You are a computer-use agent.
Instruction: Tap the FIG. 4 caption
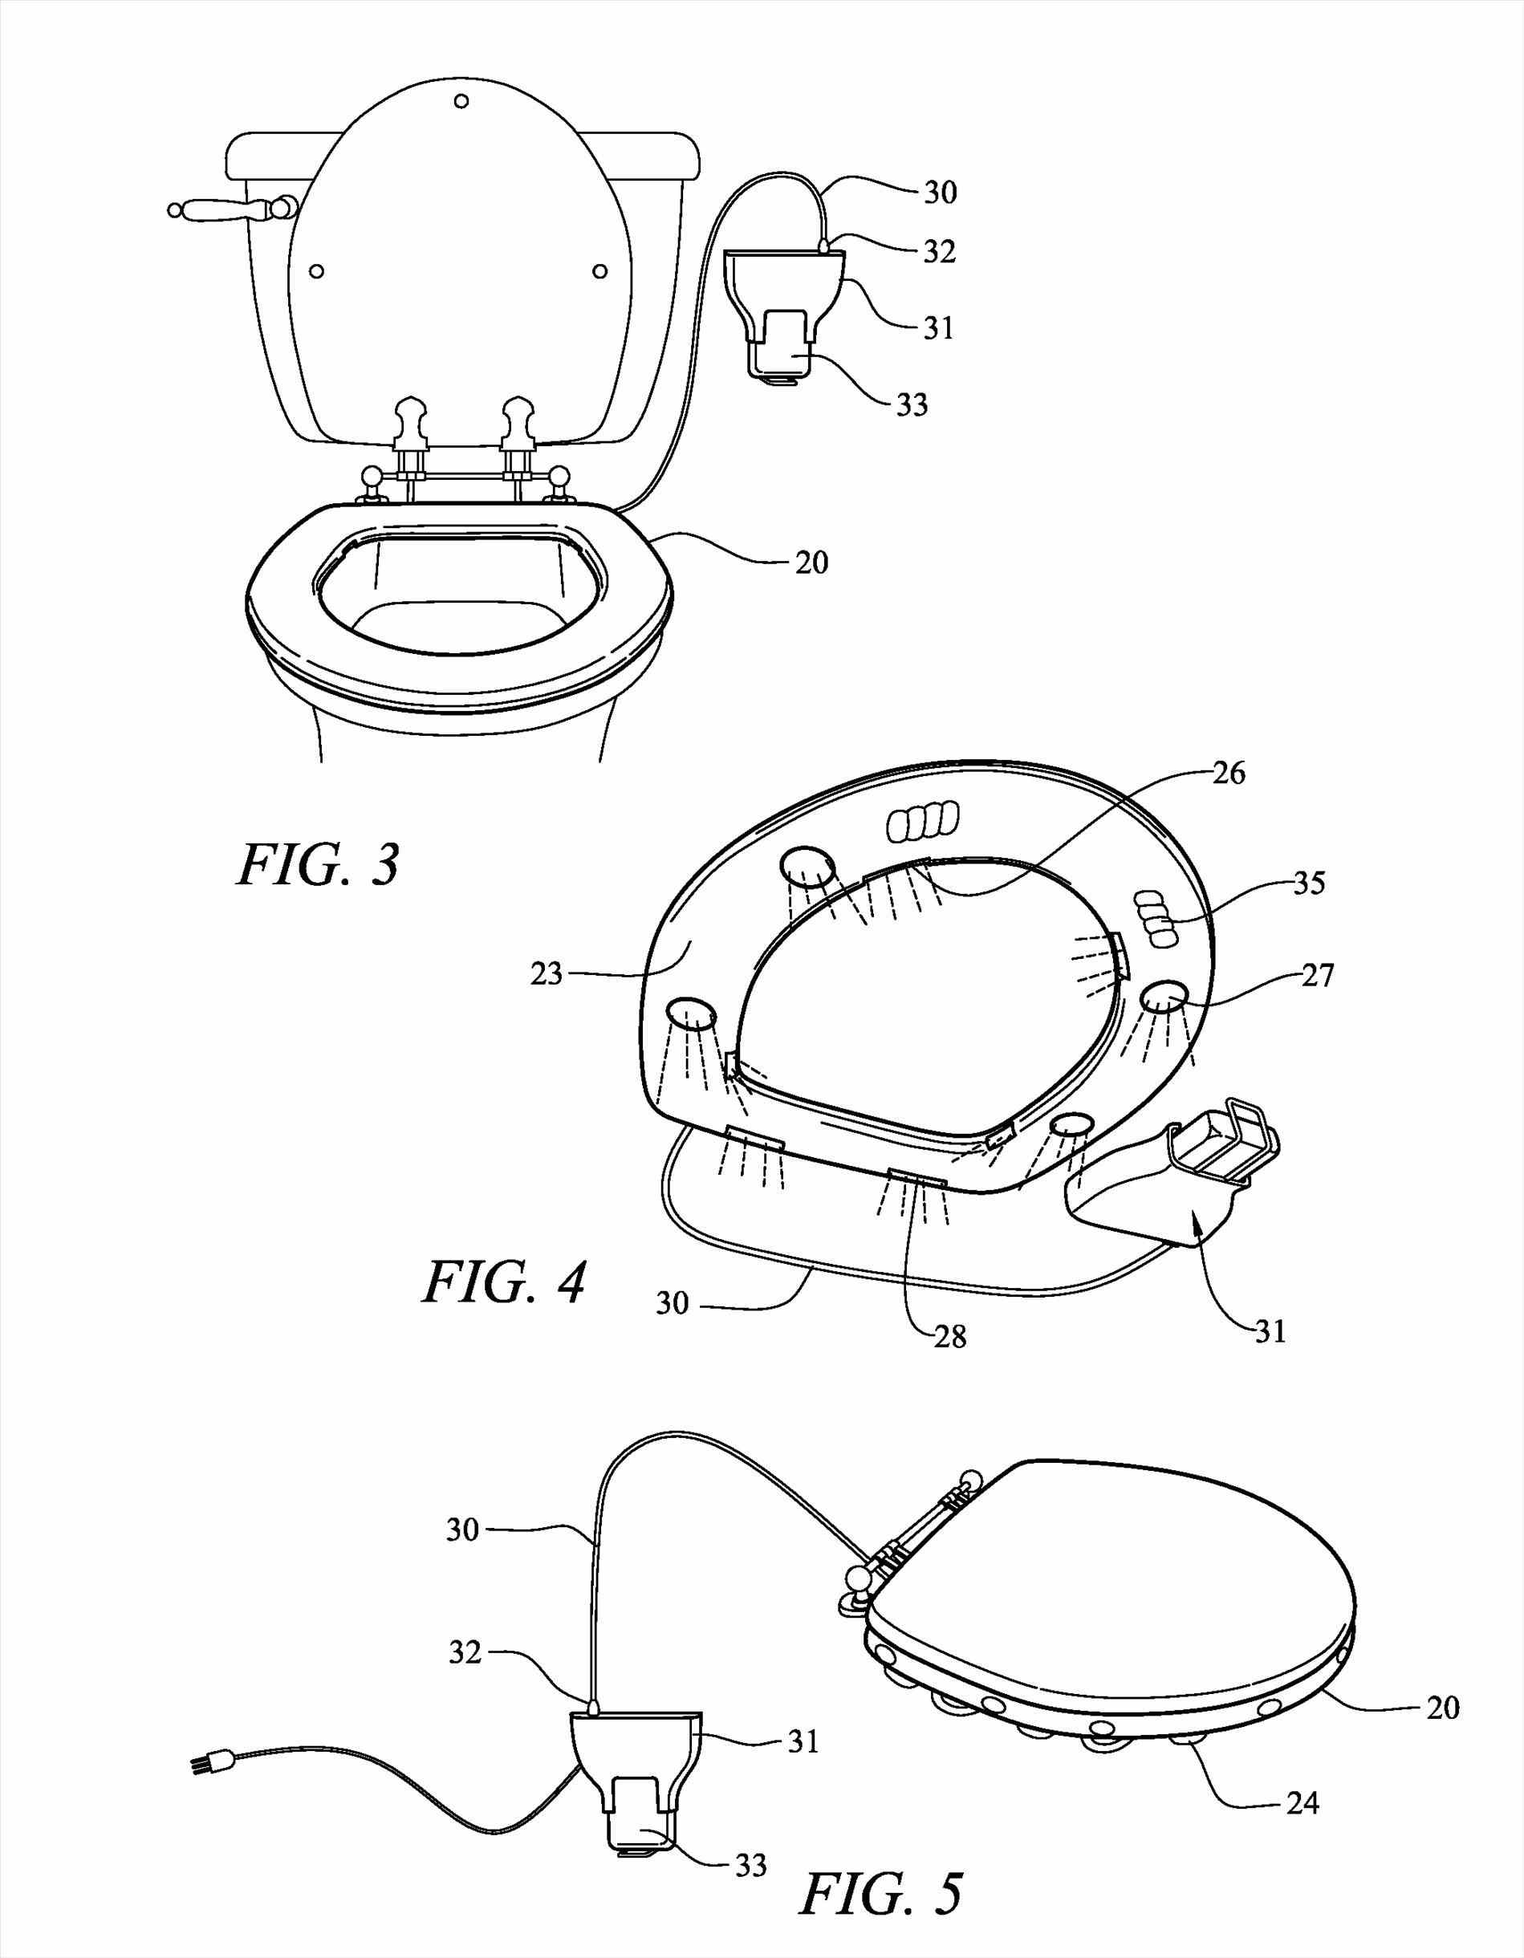[504, 1283]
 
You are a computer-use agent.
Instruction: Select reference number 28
[949, 1338]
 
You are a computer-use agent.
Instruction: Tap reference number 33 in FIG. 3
[911, 406]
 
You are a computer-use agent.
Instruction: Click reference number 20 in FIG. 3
[811, 563]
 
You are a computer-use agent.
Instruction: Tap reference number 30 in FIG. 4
[672, 1302]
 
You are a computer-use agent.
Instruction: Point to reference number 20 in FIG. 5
[1441, 1707]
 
